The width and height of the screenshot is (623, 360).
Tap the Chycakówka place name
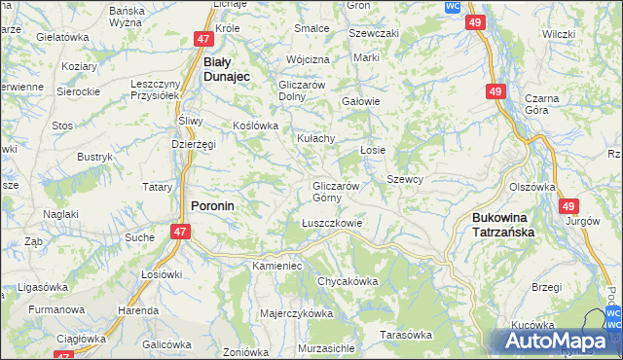[x=348, y=281]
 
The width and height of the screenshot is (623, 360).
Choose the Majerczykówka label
[x=297, y=314]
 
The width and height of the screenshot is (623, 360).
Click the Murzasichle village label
[x=326, y=347]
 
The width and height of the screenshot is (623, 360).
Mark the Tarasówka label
[x=406, y=335]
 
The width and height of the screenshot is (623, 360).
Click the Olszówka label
[x=531, y=187]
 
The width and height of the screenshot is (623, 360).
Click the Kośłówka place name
[x=256, y=126]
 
